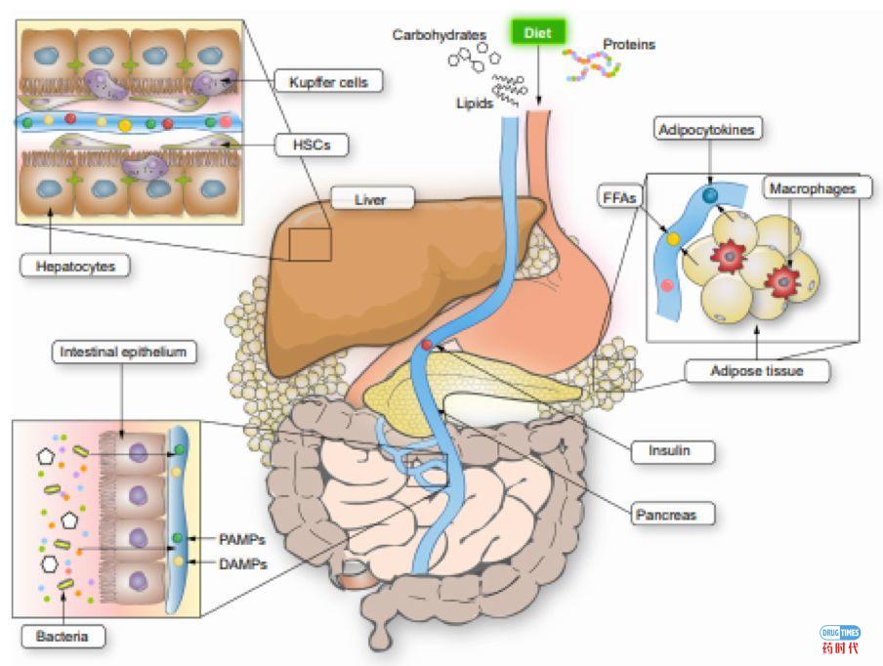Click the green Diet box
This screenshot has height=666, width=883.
[x=537, y=33]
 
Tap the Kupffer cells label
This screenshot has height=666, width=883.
[x=328, y=82]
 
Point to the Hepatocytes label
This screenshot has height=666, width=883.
[x=74, y=264]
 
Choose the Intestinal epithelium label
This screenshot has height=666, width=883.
[x=121, y=352]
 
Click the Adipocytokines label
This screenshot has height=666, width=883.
[x=707, y=130]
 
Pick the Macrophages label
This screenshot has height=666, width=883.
[x=816, y=187]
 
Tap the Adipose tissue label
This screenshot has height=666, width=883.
[x=757, y=371]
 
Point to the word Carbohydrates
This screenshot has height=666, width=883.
[x=440, y=35]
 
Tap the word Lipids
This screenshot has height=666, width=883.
[x=474, y=101]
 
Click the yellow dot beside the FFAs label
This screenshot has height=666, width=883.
[x=673, y=237]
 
